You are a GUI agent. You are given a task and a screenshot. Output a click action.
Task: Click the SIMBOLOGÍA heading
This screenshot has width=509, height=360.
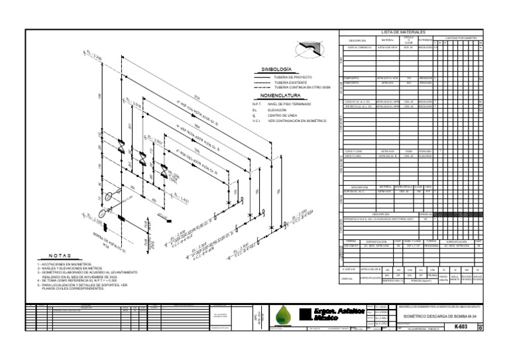pos(276,69)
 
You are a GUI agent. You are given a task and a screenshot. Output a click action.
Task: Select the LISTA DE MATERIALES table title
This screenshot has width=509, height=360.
pos(404,32)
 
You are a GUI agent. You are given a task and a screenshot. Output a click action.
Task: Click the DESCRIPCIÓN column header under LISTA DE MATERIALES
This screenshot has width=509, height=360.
pos(357,40)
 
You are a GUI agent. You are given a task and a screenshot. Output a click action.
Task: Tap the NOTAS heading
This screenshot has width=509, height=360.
pos(60,255)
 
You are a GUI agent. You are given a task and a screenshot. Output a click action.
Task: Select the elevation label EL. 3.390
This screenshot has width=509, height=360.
pos(92,56)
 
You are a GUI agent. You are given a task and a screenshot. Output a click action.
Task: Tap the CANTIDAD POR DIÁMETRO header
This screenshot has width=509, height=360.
pos(461,38)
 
